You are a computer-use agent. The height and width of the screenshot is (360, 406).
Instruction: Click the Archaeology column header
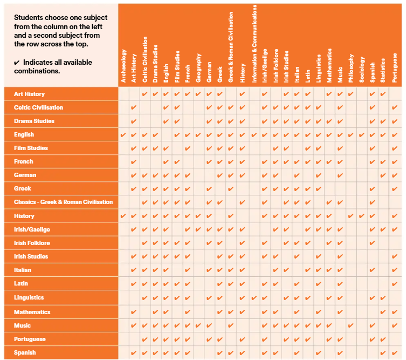123,66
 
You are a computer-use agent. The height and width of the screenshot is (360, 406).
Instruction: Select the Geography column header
199,67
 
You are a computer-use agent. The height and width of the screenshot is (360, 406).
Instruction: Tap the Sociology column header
362,69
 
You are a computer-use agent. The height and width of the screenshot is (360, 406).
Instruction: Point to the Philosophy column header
351,67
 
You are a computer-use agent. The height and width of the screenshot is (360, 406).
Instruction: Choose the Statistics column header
383,70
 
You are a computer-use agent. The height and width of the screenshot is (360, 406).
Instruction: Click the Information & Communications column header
253,43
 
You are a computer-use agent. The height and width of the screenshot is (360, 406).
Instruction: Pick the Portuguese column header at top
395,67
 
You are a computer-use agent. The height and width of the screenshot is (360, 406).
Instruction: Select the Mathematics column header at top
329,65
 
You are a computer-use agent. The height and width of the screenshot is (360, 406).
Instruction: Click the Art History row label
29,94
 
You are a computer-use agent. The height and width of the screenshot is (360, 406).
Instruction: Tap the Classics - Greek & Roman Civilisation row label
63,202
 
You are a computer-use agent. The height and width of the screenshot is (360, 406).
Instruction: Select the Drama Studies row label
34,121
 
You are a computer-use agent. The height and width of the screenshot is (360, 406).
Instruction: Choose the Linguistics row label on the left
29,297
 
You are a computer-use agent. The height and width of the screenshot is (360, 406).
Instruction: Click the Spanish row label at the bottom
25,352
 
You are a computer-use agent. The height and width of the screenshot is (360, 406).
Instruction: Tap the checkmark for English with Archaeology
123,134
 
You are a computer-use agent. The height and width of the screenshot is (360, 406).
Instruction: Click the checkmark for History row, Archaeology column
123,216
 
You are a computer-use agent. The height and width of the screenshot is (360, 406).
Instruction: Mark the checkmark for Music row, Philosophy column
351,325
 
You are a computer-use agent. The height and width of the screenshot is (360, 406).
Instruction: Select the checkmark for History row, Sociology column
362,216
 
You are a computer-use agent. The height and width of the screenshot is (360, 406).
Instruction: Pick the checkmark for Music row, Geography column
199,325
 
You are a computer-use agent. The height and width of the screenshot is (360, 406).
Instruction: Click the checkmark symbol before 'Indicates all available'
17,63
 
